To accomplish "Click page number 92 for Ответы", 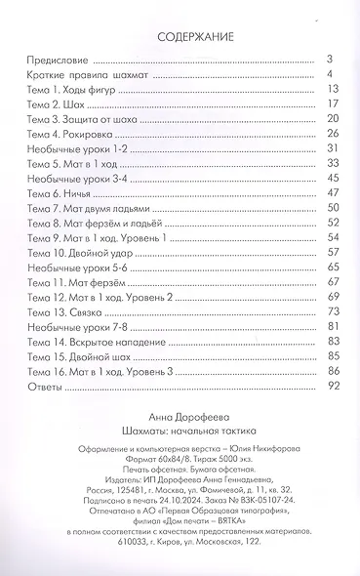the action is [331, 385].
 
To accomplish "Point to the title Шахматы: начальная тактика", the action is [180, 429].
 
